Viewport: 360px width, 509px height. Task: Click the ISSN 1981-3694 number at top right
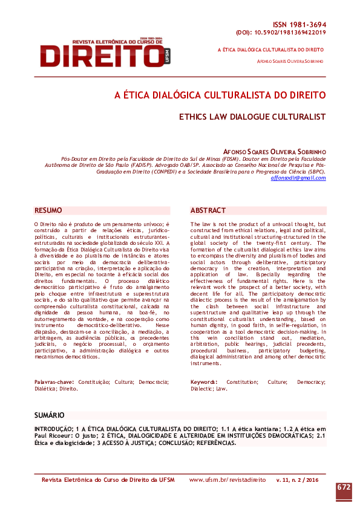coord(299,24)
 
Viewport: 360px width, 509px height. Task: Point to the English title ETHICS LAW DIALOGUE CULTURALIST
coord(252,117)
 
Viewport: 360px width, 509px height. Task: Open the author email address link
coord(298,178)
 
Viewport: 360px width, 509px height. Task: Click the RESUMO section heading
coord(49,210)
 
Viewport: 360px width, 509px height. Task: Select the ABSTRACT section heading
coord(209,210)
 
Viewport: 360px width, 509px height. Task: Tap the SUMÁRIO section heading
coord(49,415)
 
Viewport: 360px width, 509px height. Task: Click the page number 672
coord(344,487)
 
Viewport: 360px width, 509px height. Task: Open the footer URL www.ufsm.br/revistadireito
coord(227,479)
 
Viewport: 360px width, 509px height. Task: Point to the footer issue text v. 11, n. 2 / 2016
coord(297,479)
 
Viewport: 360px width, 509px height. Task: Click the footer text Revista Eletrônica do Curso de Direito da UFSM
coord(108,479)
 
